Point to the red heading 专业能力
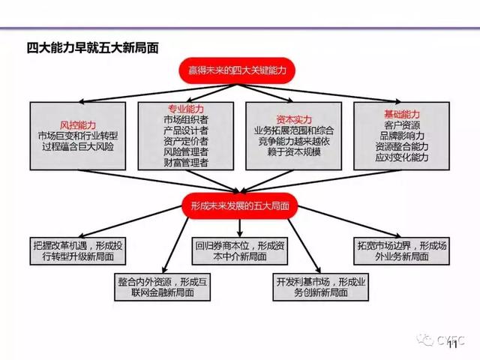pos(187,108)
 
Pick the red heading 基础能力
pos(402,113)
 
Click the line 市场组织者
pos(187,119)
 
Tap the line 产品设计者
pos(187,130)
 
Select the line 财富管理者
pos(187,161)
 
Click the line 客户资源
pos(402,125)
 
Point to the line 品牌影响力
pos(402,136)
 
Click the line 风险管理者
pos(187,151)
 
